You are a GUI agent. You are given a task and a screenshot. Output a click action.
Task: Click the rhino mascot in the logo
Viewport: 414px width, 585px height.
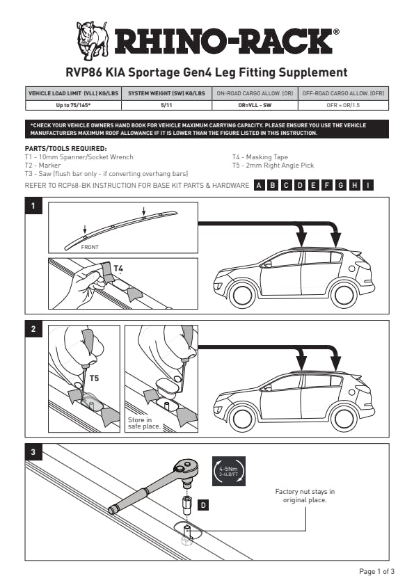tap(93, 40)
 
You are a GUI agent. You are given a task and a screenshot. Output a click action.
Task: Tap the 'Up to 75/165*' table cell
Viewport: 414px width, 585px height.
tap(73, 105)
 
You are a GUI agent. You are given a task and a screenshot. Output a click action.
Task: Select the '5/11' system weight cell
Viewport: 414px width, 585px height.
tap(166, 105)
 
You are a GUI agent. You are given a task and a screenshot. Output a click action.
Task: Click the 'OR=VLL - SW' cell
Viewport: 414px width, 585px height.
tap(255, 105)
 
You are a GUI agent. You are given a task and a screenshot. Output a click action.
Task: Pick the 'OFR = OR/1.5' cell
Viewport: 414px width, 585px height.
tap(343, 105)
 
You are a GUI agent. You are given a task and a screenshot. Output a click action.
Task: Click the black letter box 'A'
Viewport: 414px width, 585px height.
tap(259, 186)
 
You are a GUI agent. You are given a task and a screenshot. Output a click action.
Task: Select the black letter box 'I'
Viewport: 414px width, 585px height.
tap(368, 186)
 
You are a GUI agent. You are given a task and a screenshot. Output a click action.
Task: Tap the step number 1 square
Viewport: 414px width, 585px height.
tap(33, 206)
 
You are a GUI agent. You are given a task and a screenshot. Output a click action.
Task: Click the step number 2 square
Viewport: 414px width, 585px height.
tap(33, 329)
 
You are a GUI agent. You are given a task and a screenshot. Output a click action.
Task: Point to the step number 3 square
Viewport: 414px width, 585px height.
tap(33, 452)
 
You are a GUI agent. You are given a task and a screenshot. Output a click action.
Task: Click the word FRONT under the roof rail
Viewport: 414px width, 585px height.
tap(90, 247)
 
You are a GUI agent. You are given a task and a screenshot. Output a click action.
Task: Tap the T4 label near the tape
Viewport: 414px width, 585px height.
tap(118, 269)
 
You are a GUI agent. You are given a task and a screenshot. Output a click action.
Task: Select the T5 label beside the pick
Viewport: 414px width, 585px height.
tap(94, 378)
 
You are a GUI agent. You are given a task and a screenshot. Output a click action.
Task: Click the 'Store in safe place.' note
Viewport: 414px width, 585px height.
tap(144, 423)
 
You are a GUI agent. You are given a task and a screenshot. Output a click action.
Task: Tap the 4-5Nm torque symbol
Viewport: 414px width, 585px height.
tap(229, 471)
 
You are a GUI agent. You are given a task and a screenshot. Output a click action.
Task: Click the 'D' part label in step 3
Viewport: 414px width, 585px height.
tap(203, 506)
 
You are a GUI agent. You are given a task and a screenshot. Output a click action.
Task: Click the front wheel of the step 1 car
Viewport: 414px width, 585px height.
tap(243, 296)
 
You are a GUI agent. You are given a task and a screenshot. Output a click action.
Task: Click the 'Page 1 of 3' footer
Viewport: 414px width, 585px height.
tap(376, 571)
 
